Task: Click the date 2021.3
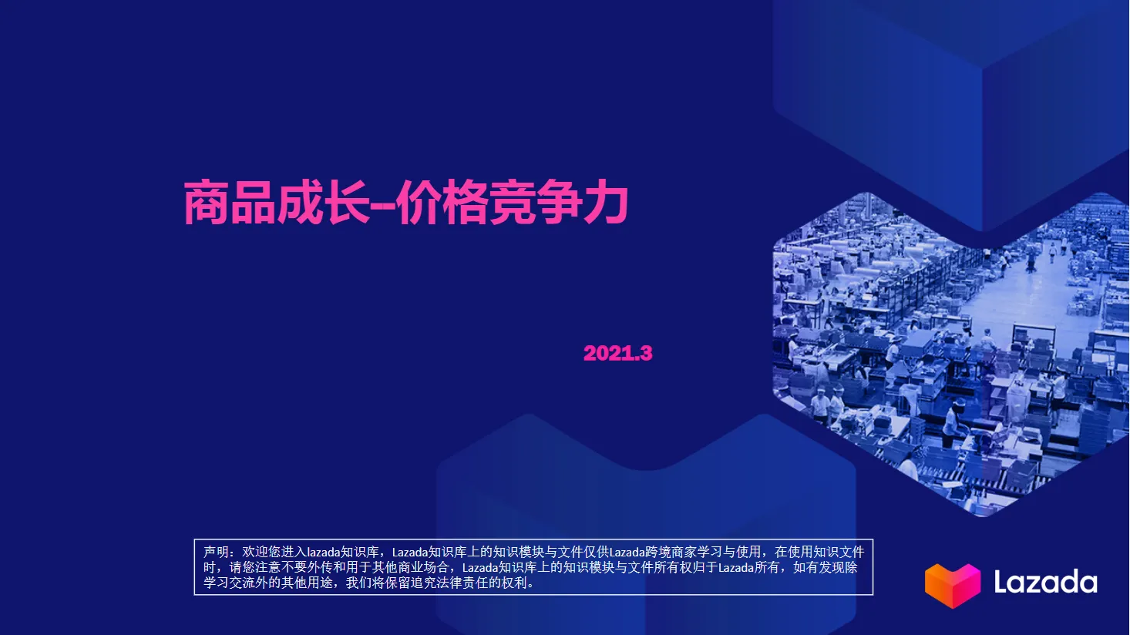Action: pyautogui.click(x=617, y=353)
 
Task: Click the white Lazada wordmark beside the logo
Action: pyautogui.click(x=1045, y=582)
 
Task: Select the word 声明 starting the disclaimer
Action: pyautogui.click(x=216, y=552)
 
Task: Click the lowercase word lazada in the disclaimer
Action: pyautogui.click(x=324, y=552)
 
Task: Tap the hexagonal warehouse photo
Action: pyautogui.click(x=948, y=347)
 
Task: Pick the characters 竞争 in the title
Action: pyautogui.click(x=536, y=203)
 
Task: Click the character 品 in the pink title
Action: pyautogui.click(x=253, y=203)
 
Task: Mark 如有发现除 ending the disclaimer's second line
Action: pyautogui.click(x=826, y=567)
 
